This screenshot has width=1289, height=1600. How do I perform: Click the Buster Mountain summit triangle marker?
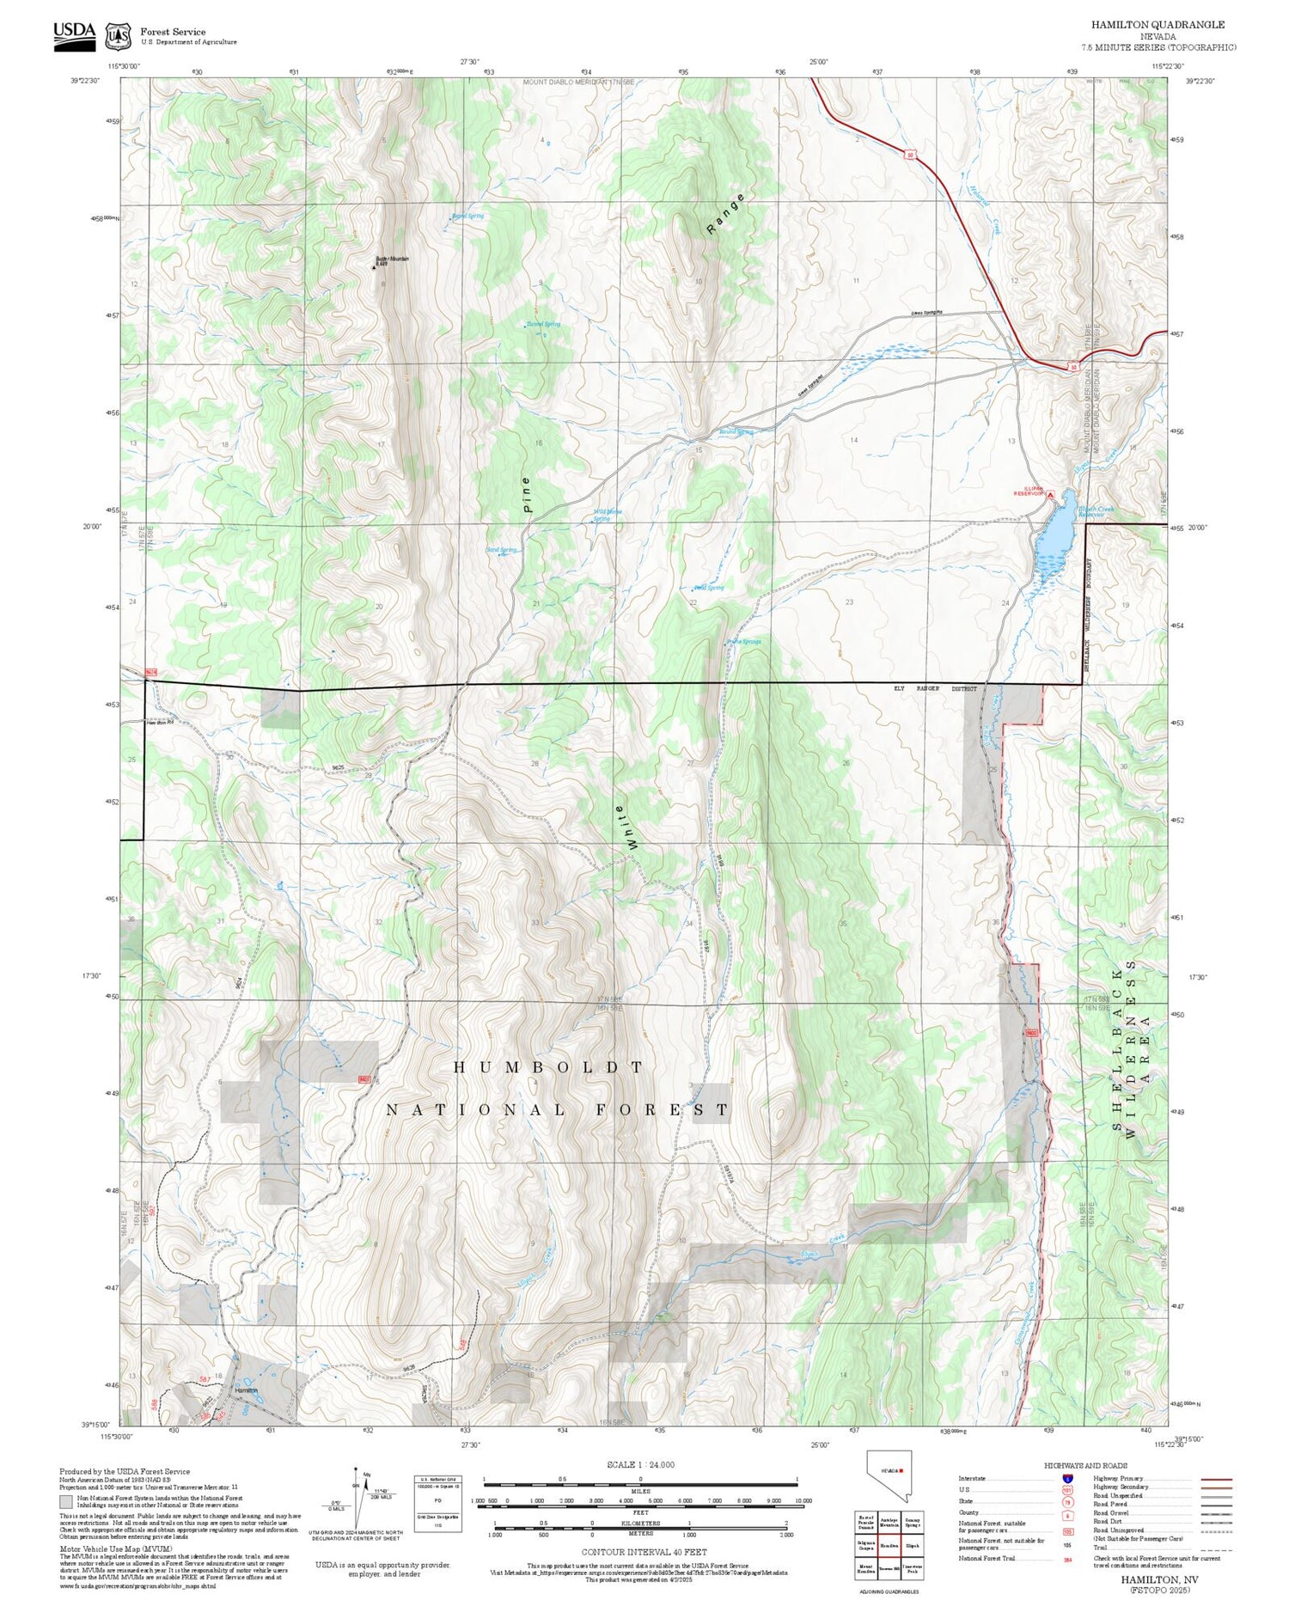373,267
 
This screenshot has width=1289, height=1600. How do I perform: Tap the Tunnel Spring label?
543,324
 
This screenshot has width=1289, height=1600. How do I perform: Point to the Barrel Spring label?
468,216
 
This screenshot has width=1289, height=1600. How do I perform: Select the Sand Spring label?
502,550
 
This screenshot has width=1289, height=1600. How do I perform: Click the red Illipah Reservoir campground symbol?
1050,494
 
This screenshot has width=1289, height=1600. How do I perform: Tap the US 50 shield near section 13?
1073,367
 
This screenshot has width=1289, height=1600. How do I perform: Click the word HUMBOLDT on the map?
548,1067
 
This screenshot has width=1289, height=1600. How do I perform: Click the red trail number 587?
205,1379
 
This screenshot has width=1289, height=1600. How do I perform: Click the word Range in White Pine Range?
724,215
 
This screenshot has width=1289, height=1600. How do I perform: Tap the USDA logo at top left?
75,35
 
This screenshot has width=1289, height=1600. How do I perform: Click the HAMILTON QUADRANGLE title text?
1158,25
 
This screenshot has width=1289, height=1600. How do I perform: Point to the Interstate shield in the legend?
1067,1478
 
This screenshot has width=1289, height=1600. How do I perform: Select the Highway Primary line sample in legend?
1212,1480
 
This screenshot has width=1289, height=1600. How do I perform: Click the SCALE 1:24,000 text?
640,1464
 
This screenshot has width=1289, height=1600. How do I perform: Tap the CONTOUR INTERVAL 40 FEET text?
644,1552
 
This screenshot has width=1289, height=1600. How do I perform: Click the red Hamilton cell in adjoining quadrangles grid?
889,1545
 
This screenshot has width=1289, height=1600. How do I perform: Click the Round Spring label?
736,431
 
